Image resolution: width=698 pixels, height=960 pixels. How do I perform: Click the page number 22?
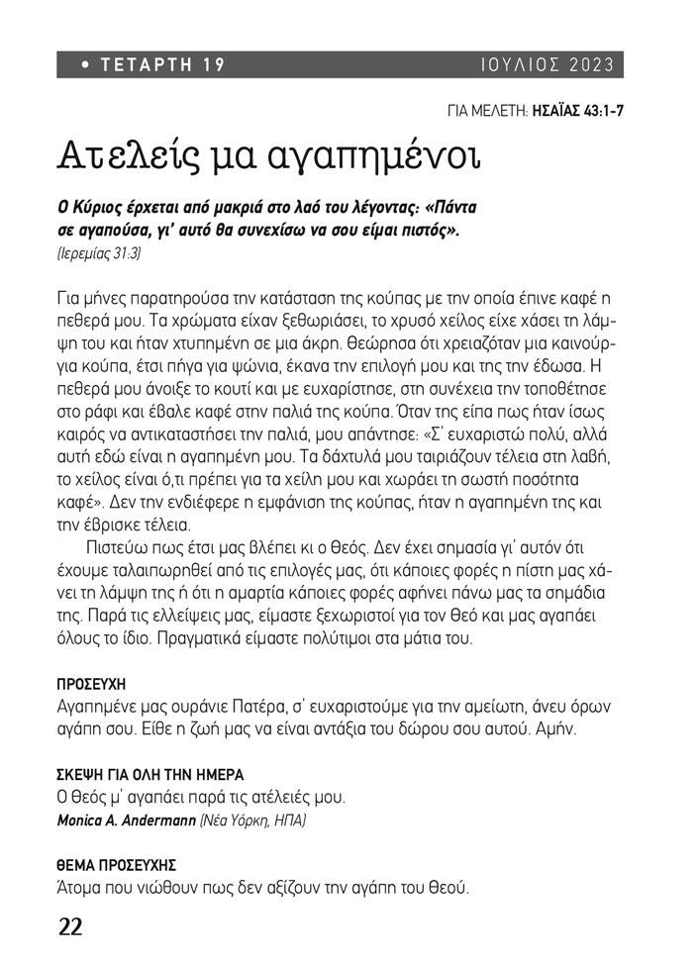click(70, 926)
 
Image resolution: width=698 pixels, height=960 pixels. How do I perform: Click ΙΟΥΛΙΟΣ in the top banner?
click(517, 65)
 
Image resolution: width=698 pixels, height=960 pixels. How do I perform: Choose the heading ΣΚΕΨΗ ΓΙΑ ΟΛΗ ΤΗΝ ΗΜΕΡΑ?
click(150, 775)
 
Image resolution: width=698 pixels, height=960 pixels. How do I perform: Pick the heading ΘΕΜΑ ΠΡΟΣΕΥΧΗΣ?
click(116, 865)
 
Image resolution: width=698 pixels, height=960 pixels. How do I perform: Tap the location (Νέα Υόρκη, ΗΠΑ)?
click(253, 821)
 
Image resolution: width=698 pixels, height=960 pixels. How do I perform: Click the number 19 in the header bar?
click(215, 65)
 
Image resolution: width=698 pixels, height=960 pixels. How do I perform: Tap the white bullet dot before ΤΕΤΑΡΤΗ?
click(86, 65)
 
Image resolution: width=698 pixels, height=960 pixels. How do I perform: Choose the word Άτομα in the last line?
click(80, 888)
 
